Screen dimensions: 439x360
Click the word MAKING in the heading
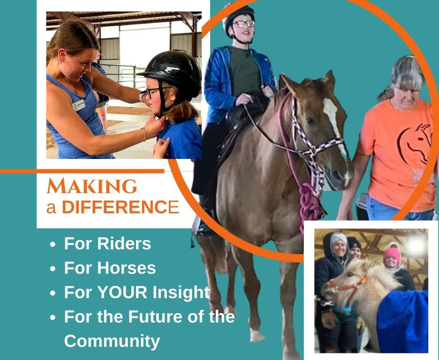[92, 186]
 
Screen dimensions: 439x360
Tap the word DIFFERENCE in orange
[121, 207]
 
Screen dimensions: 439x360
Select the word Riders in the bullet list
[124, 243]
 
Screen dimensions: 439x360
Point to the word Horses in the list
[126, 268]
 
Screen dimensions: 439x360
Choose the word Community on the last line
[112, 341]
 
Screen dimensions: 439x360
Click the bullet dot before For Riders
[53, 245]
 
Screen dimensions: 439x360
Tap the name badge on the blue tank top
[78, 105]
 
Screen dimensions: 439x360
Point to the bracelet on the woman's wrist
[144, 134]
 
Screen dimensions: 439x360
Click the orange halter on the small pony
[347, 288]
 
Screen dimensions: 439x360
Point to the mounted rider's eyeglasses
[243, 24]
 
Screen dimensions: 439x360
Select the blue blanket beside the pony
[402, 321]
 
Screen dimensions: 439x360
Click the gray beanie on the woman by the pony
[339, 238]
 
